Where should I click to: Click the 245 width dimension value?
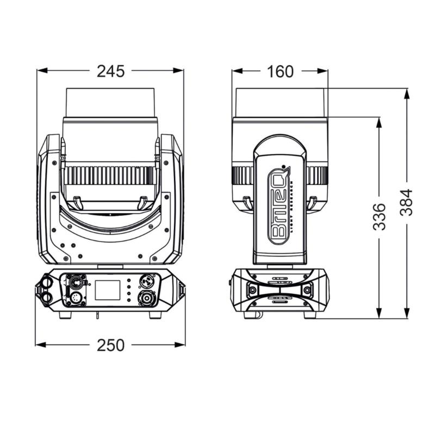click(111, 71)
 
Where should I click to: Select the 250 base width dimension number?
click(111, 345)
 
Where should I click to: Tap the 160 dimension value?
click(280, 71)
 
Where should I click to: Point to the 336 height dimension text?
click(380, 216)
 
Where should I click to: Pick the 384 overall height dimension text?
click(407, 202)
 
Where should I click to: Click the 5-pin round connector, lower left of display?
click(73, 299)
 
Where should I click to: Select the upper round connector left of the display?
click(73, 282)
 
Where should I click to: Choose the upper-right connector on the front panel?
click(146, 282)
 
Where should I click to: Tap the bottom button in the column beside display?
click(128, 300)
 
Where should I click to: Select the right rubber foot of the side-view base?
click(309, 314)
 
